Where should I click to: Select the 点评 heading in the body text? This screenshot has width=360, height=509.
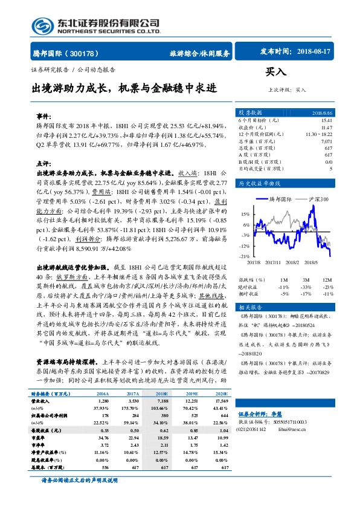coord(43,163)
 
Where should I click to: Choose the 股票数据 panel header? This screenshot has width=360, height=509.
coord(250,113)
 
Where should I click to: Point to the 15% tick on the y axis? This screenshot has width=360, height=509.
coord(245,214)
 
